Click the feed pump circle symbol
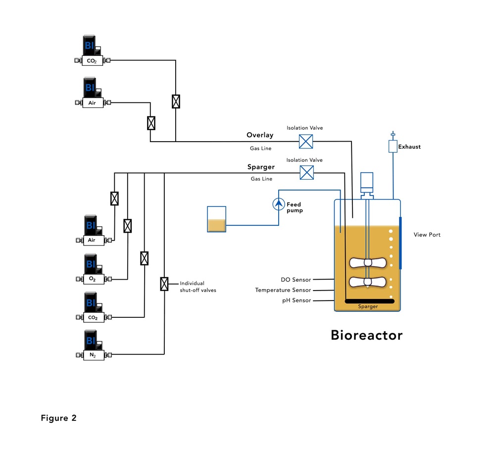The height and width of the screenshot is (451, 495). [279, 203]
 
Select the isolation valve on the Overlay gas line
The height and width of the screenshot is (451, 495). [306, 142]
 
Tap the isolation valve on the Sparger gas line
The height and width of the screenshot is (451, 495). [306, 173]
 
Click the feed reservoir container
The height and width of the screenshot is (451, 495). [217, 219]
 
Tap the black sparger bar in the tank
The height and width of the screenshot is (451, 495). [369, 301]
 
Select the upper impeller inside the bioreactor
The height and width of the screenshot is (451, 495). [367, 263]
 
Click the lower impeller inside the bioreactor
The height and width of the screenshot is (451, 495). [367, 282]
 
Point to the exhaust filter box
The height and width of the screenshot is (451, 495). [393, 147]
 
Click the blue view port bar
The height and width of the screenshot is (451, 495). [400, 243]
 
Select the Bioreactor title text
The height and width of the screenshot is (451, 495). [366, 335]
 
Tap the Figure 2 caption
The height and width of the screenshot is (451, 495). [58, 418]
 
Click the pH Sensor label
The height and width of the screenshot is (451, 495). [296, 301]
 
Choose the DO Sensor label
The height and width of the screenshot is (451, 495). [295, 280]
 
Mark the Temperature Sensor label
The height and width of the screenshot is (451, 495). [283, 290]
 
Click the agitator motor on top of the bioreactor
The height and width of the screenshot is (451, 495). [367, 182]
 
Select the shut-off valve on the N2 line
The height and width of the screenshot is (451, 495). [164, 284]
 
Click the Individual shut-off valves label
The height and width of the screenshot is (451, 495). [198, 287]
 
